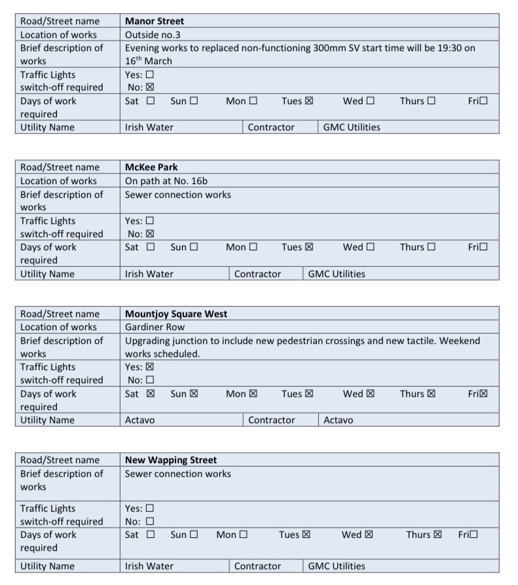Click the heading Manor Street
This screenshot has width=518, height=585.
click(x=155, y=21)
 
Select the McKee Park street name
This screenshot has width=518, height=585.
click(x=151, y=167)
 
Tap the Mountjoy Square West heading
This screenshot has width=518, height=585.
click(x=176, y=314)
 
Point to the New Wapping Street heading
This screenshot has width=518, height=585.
click(x=171, y=460)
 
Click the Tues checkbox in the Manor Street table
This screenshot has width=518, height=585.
click(x=309, y=101)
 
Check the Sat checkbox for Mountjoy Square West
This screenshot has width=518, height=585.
click(x=151, y=394)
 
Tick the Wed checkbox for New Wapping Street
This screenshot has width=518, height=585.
click(x=369, y=535)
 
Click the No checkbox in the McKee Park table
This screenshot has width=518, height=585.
click(x=150, y=234)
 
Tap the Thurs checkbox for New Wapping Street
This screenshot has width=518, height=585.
click(x=437, y=535)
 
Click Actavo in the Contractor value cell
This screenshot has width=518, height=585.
click(x=339, y=420)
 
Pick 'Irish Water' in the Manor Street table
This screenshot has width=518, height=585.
click(x=149, y=127)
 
